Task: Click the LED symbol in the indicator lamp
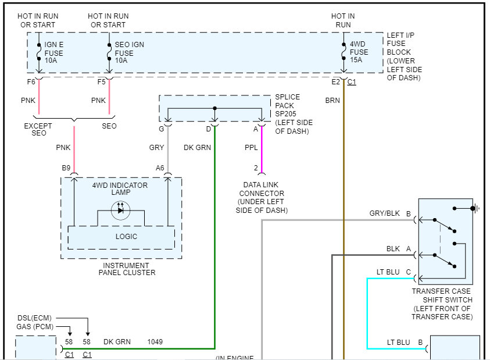click(121, 209)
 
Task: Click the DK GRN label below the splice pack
click(197, 148)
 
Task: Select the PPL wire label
click(251, 148)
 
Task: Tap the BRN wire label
click(332, 101)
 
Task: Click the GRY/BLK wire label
click(385, 213)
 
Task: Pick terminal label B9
click(66, 168)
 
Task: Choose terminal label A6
click(160, 168)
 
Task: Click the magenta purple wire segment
click(261, 148)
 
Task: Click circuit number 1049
click(155, 341)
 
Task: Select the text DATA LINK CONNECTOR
click(261, 189)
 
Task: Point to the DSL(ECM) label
click(34, 318)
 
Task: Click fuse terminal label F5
click(101, 82)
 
